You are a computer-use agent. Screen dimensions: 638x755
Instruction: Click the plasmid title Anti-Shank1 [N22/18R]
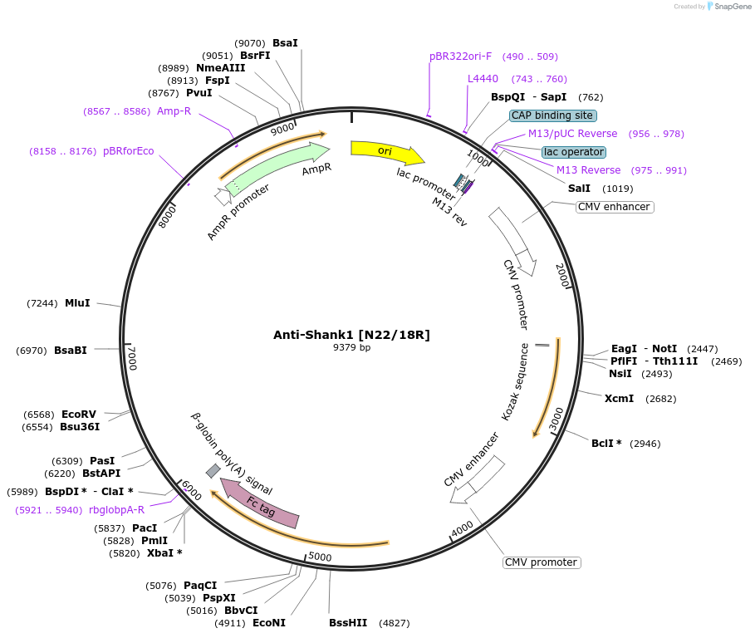pos(351,335)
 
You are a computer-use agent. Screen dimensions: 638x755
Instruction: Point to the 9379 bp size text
pos(351,347)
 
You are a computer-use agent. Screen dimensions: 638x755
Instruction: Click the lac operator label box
pos(574,152)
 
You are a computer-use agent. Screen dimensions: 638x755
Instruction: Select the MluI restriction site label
pos(77,303)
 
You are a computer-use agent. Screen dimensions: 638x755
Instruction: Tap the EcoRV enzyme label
pos(79,414)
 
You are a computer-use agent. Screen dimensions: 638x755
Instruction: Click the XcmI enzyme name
pos(619,398)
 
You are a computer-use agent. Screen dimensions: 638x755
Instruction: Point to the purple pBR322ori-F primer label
pos(460,56)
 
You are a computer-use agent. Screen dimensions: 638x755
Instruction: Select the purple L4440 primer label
pos(483,79)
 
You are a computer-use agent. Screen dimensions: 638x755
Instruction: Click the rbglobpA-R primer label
pos(116,509)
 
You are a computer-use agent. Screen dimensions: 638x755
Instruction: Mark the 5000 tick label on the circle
pos(320,557)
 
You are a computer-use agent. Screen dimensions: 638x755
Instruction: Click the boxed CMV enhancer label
pos(615,207)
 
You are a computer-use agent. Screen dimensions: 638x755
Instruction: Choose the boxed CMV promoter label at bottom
pos(542,562)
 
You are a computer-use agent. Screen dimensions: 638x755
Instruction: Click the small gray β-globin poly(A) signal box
pos(213,471)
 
